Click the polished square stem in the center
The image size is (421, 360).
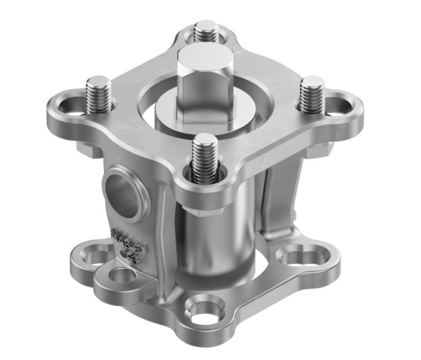tap(200, 81)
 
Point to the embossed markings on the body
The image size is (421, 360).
tap(128, 243)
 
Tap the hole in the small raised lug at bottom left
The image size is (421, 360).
tap(121, 275)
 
